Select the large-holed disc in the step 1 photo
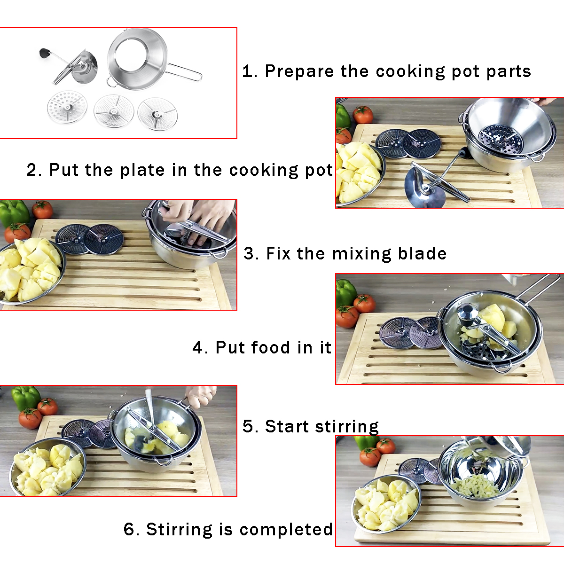click(x=68, y=108)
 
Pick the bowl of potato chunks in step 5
click(x=47, y=468)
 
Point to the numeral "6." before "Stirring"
click(x=131, y=530)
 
